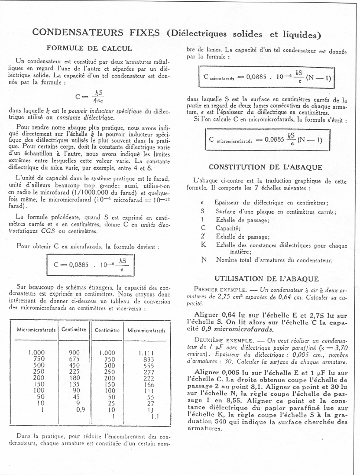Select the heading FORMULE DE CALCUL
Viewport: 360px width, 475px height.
pos(89,48)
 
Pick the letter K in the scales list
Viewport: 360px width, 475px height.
pos(203,245)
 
